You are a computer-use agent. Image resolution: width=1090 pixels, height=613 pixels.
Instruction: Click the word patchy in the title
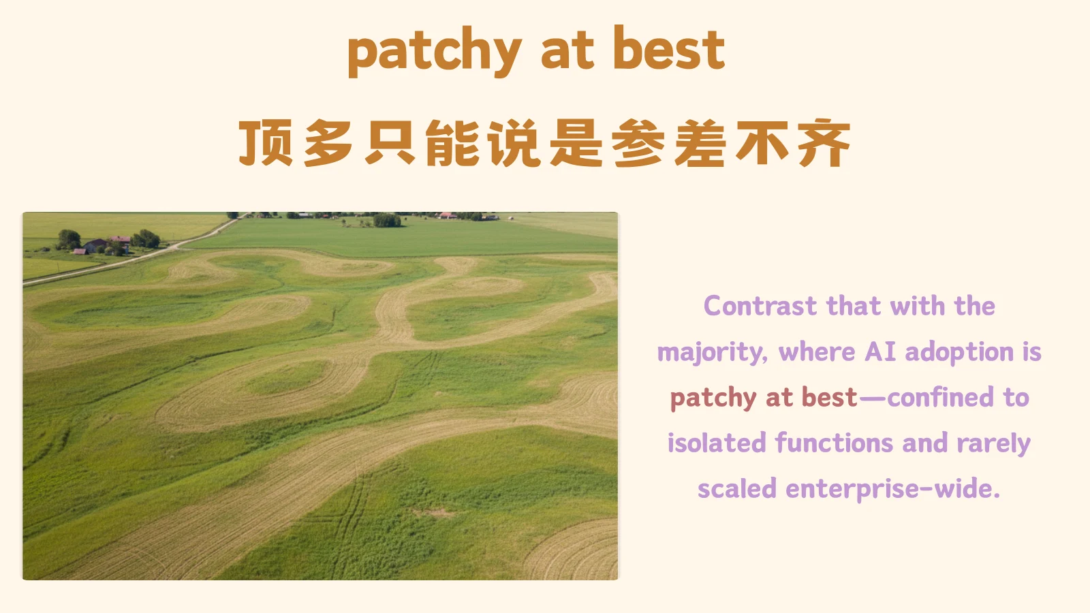point(434,51)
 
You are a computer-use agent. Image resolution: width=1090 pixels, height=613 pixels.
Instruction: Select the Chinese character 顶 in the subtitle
point(266,143)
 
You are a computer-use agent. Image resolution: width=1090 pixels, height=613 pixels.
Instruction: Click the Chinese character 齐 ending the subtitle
point(825,143)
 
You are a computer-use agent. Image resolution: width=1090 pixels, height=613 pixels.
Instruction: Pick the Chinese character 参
point(638,143)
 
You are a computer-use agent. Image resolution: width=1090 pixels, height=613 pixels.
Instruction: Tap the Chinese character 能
point(452,143)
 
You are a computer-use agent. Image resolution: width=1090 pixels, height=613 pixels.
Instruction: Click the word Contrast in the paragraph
point(760,306)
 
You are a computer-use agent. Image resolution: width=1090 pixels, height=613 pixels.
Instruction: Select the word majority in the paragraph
point(711,353)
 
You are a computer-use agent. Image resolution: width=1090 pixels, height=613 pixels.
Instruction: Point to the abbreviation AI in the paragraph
point(880,352)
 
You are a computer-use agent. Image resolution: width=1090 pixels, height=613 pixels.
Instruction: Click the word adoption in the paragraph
point(959,352)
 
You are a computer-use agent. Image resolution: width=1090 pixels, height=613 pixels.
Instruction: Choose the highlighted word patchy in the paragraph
point(713,398)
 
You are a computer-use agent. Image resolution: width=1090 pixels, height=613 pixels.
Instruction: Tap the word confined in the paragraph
point(941,397)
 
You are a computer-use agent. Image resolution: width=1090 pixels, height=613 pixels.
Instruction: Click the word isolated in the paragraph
point(717,443)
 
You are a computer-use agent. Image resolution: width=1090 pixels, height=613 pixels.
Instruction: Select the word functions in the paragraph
point(833,443)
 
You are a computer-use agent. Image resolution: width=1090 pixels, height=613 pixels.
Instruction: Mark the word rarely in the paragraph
point(993,444)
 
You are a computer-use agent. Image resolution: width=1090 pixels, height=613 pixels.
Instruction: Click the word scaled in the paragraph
point(736,489)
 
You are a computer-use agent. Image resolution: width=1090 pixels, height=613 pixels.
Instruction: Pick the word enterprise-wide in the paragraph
point(892,489)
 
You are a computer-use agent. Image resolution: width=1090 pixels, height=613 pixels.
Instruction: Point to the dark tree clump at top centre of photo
point(387,220)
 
